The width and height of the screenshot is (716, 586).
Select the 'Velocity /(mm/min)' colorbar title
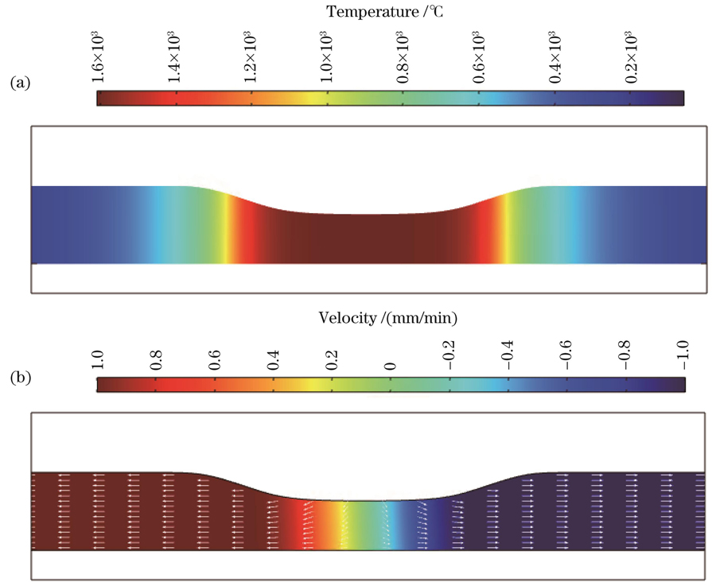pyautogui.click(x=390, y=318)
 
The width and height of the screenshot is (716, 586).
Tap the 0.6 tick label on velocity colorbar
pyautogui.click(x=215, y=359)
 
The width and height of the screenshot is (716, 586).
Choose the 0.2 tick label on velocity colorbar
pyautogui.click(x=332, y=359)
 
